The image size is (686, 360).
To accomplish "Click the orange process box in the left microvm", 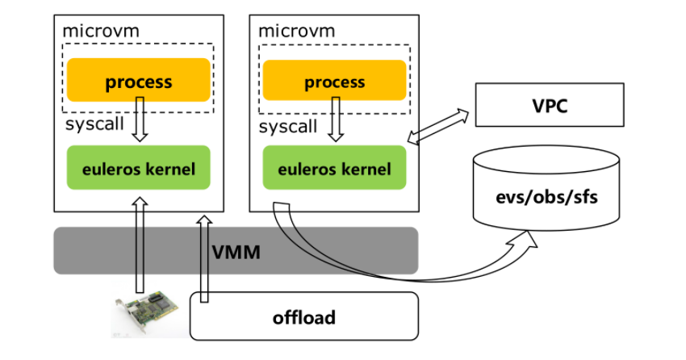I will [139, 81].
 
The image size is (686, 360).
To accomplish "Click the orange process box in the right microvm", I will [334, 82].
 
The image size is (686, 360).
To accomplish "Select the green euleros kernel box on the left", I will [139, 169].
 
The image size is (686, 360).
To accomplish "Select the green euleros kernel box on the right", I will [334, 169].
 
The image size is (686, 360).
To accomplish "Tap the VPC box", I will [549, 106].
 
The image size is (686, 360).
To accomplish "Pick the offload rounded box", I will [304, 316].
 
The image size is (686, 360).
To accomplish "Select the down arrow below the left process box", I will [139, 119].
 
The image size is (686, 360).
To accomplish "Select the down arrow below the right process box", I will [334, 119].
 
